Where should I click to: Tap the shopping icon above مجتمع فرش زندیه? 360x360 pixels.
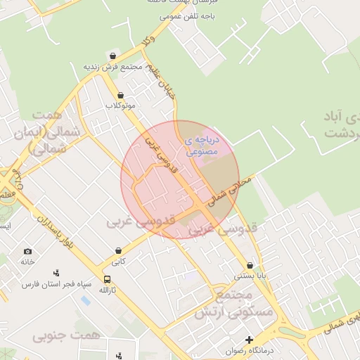click(x=113, y=56)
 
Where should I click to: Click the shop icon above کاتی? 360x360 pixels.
click(x=117, y=250)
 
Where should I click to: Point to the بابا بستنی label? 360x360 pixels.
click(x=251, y=276)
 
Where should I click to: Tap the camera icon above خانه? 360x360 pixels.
click(x=27, y=251)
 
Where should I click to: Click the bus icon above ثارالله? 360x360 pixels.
click(x=106, y=279)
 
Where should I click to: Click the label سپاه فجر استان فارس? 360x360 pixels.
click(x=57, y=284)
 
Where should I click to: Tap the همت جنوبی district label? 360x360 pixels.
click(x=67, y=335)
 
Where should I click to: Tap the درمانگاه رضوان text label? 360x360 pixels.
click(x=249, y=350)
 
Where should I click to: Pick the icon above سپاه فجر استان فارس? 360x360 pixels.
click(x=57, y=273)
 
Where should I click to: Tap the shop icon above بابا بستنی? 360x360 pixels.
click(x=251, y=265)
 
